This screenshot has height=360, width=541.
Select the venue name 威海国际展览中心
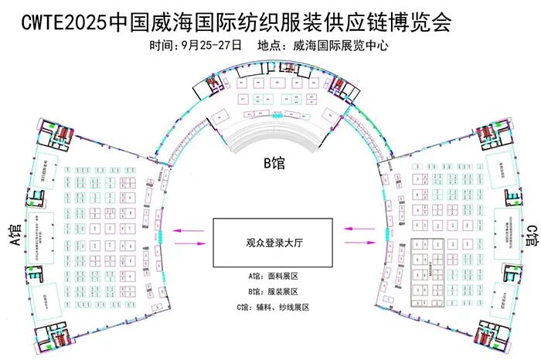(x=341, y=46)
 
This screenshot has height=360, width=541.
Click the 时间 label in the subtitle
(x=162, y=46)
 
